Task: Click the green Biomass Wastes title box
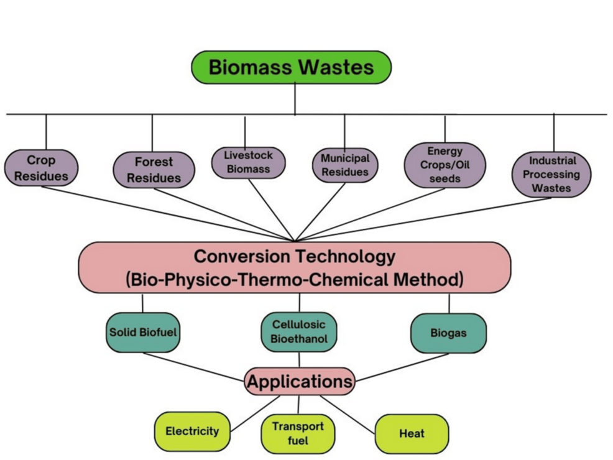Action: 291,67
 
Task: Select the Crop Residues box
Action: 41,168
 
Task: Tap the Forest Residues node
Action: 154,170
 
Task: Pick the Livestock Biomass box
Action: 248,162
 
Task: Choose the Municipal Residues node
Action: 344,165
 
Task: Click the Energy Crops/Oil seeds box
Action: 445,165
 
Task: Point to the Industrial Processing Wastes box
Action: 551,174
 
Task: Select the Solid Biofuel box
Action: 143,333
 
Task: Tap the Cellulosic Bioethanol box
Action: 299,332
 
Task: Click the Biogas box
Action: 448,333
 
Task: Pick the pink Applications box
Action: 300,382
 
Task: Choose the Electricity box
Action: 192,431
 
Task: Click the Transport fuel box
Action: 298,434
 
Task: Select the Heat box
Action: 412,433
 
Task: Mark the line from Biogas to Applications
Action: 402,367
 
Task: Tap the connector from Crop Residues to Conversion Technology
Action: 168,213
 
